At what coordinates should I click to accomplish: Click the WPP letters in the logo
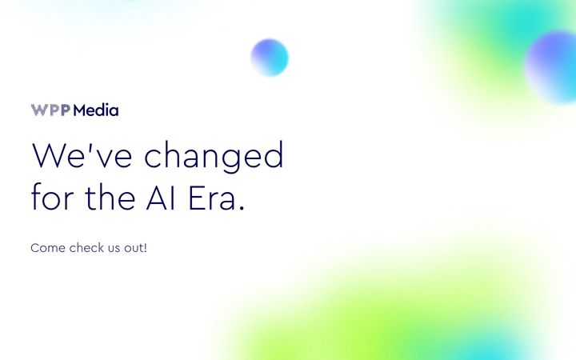tap(50, 110)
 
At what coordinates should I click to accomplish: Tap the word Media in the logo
tap(96, 110)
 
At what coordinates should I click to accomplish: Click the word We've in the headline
tap(82, 154)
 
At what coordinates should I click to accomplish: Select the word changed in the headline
tap(214, 156)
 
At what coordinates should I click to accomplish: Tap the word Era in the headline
tap(211, 198)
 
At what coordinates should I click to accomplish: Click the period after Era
tap(242, 207)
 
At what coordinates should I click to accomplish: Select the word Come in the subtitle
tap(48, 248)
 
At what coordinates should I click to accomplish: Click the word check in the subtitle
tap(86, 247)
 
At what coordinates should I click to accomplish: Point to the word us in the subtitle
tap(114, 249)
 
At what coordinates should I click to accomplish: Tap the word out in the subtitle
tap(134, 248)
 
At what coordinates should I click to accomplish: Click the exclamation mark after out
tap(146, 247)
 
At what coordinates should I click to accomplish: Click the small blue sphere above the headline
tap(270, 58)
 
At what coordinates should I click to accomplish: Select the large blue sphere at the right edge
tap(551, 68)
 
